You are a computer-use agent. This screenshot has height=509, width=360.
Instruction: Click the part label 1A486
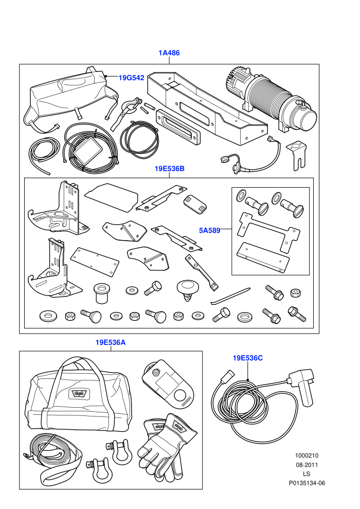click(x=169, y=52)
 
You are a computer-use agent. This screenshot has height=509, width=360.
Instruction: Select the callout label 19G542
click(x=131, y=78)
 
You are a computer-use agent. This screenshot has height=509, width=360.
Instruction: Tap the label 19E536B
click(x=169, y=169)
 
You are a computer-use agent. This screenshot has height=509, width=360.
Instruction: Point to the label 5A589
click(x=209, y=230)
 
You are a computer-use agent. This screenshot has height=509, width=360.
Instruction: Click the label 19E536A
click(x=111, y=342)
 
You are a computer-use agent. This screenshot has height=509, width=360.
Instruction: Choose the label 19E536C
click(x=248, y=358)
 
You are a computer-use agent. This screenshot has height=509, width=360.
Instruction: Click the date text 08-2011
click(x=307, y=465)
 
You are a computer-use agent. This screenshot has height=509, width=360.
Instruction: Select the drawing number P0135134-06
click(x=307, y=483)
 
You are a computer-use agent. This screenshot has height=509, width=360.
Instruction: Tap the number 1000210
click(x=307, y=456)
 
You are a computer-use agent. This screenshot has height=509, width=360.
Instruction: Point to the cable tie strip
click(x=230, y=296)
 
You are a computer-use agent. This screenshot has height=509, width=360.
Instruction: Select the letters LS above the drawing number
click(x=307, y=474)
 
